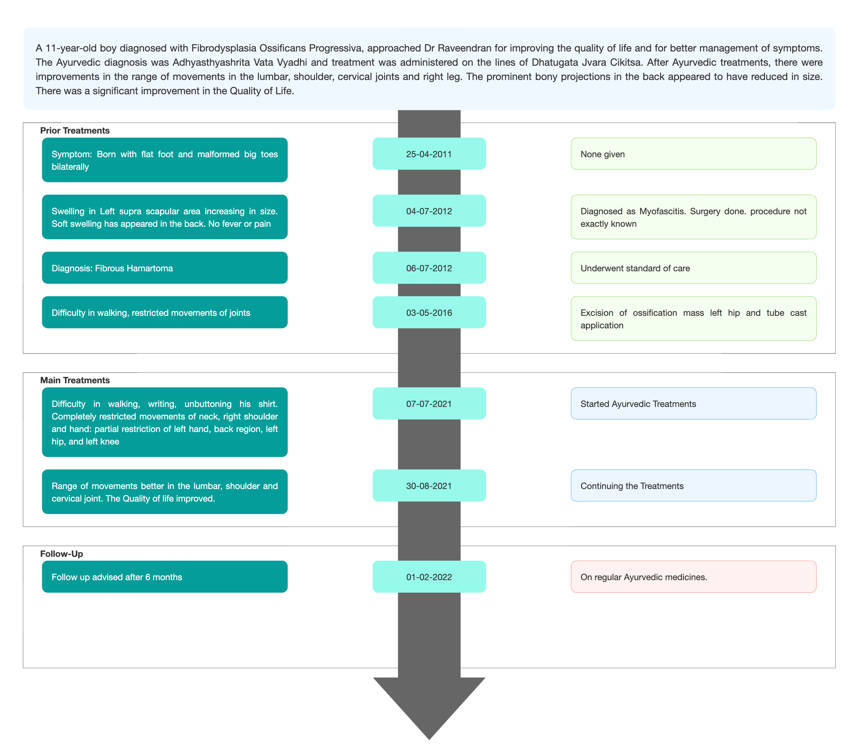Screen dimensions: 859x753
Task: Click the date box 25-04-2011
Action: [429, 154]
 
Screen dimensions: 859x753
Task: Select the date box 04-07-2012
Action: [429, 211]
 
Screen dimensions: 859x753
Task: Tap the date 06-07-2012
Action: [429, 268]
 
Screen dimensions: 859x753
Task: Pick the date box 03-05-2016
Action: [429, 313]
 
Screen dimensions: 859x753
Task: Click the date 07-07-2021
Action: [429, 404]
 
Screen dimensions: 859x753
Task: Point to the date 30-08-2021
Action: [429, 486]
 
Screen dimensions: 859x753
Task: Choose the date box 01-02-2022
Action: [429, 577]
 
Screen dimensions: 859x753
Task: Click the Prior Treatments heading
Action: [75, 131]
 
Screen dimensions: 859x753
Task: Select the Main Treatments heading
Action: [75, 380]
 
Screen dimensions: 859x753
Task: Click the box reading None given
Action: [693, 154]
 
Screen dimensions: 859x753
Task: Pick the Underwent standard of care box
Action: [693, 268]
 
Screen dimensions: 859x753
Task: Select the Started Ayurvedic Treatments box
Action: [693, 404]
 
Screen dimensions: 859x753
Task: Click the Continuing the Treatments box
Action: [693, 486]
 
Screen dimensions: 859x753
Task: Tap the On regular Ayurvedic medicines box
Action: [693, 577]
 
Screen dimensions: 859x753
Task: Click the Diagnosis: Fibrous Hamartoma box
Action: [165, 268]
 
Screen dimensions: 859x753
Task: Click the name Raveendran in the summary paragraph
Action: [464, 48]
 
